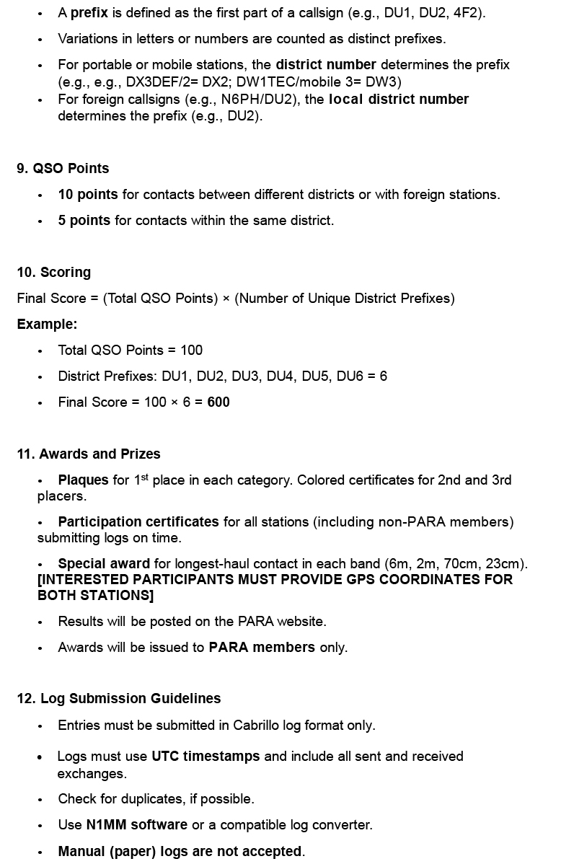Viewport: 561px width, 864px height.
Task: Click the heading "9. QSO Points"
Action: [63, 168]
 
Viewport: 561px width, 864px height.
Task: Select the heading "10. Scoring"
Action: [54, 272]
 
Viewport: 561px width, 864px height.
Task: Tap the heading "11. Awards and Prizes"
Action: [89, 454]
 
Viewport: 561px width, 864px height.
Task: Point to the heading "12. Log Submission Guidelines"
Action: [119, 698]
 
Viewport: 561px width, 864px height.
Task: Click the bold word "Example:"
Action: [47, 324]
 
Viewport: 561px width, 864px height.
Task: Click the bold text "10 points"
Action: [88, 194]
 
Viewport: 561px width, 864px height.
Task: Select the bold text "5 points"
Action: [84, 220]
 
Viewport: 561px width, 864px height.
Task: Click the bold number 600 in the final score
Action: [218, 402]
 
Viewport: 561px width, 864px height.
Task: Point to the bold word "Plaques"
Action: [84, 480]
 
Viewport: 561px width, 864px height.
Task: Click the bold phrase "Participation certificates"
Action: [138, 521]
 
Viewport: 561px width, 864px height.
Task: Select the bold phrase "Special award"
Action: [104, 563]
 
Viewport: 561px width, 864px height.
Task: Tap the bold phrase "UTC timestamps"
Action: [206, 756]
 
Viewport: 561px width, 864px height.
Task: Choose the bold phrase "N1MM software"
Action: [137, 824]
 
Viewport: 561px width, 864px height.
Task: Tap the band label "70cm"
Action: [473, 563]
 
